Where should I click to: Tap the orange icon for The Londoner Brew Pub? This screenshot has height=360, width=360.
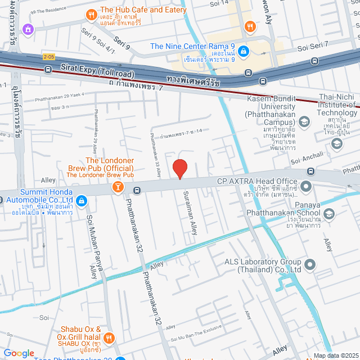click(118, 186)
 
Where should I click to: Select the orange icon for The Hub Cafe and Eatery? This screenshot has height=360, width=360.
click(90, 15)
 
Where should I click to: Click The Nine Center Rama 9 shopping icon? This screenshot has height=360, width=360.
click(243, 51)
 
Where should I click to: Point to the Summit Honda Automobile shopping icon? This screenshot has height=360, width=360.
click(82, 200)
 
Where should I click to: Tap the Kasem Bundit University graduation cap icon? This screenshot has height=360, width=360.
click(304, 121)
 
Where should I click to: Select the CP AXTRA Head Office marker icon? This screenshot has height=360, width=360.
click(306, 186)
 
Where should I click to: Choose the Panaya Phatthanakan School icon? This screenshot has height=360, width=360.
click(328, 213)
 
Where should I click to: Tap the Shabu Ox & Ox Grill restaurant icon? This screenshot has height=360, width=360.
click(109, 337)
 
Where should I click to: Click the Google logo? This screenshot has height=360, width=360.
click(19, 353)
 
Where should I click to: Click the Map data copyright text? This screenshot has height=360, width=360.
click(335, 355)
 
